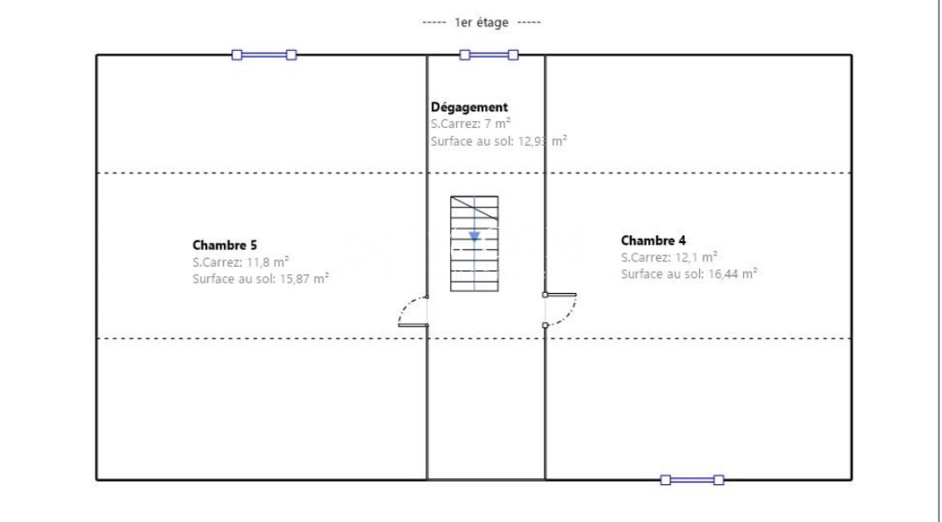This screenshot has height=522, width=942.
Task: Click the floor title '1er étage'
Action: coord(482,22)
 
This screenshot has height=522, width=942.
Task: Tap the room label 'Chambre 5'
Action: coord(224,245)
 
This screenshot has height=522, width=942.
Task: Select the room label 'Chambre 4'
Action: coord(653,240)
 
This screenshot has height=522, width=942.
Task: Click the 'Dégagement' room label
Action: coord(469,107)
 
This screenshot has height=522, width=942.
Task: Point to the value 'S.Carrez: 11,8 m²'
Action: coord(240,262)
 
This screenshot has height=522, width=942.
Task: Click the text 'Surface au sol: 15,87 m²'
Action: coord(260,279)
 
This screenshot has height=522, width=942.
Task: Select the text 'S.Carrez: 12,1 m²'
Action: coord(668,257)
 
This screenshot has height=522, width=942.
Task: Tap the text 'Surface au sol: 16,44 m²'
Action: coord(689,274)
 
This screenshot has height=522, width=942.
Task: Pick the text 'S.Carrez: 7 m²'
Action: coord(470,124)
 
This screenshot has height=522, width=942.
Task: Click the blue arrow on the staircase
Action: coord(475,236)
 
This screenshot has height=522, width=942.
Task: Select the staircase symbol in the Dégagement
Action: coord(475,244)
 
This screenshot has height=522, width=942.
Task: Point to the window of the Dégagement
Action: coord(489,55)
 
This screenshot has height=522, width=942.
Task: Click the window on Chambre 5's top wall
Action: coord(264,55)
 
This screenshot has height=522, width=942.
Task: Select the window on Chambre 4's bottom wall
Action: coord(692,480)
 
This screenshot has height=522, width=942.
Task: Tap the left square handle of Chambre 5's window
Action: coord(237,55)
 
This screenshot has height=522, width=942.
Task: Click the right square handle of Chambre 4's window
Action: coord(719,480)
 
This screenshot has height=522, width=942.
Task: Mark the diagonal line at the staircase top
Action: coord(475,209)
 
